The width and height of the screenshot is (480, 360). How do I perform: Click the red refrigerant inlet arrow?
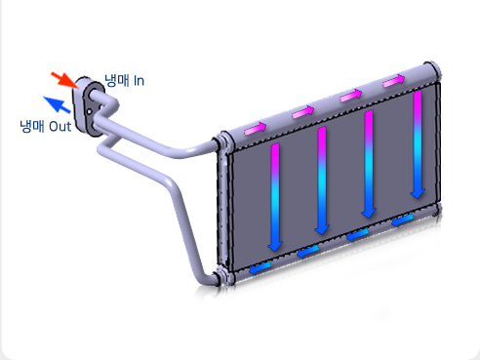point(65,80)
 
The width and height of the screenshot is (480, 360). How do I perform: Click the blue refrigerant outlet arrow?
point(57,104)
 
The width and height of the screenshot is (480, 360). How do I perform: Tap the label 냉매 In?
point(124,81)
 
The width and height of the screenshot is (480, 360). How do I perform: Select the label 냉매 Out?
point(46,126)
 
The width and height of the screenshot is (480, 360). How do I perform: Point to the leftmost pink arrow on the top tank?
point(256,128)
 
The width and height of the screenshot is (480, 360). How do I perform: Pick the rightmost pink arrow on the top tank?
point(394,80)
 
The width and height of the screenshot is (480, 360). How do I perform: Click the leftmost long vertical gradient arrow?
point(275,197)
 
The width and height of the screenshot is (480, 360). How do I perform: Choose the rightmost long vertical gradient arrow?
point(418,144)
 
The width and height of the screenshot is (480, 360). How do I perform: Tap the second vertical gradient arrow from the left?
point(322,180)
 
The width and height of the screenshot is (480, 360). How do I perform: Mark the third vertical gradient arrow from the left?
point(369,164)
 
